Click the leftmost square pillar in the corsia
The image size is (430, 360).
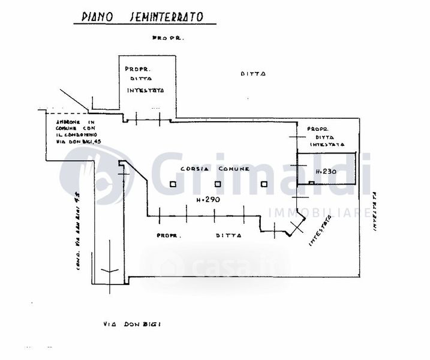pos(173,185)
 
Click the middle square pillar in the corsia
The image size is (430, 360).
pos(218,185)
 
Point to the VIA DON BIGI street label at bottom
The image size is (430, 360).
pos(131,324)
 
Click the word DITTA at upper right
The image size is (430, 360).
pos(253,74)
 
